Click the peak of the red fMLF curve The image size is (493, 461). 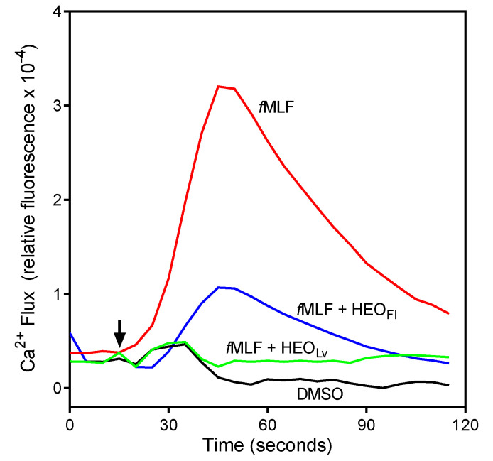coord(219,86)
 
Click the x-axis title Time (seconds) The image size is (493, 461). coord(266,446)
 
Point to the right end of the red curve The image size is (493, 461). coord(448,313)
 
